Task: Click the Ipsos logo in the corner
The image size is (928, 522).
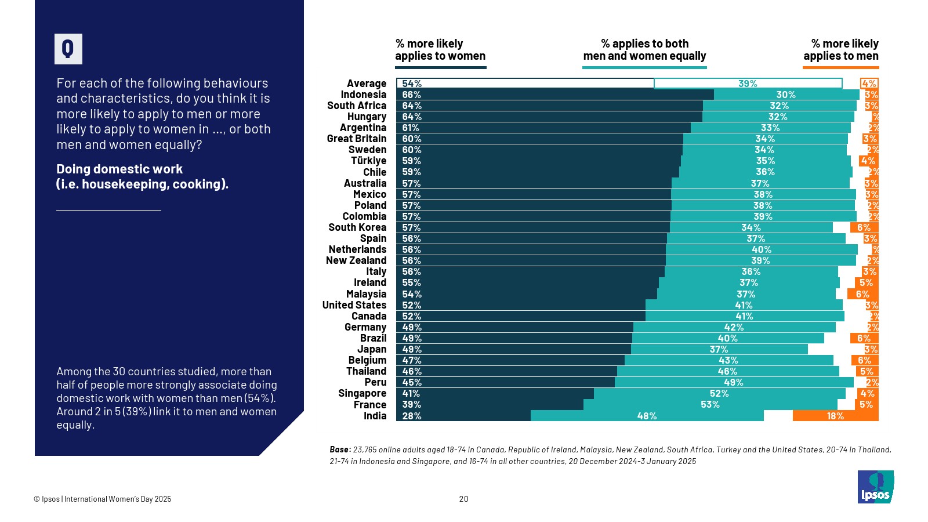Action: [x=875, y=487]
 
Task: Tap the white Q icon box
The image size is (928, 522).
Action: [x=68, y=49]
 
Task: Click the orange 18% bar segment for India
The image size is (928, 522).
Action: [x=835, y=416]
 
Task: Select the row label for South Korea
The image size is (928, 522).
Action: [x=357, y=227]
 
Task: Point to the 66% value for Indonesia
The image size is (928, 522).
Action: [x=412, y=95]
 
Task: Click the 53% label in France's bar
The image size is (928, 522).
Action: [x=710, y=404]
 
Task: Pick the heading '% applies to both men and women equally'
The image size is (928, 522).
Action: [x=644, y=50]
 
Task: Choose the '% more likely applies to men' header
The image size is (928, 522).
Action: [x=840, y=50]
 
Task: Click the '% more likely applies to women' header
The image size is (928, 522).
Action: [x=440, y=50]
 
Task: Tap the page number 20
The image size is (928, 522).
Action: [x=463, y=499]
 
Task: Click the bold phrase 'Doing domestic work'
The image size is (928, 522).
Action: [x=119, y=169]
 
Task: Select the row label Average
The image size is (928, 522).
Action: [x=367, y=84]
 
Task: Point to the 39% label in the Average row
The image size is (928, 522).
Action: [x=748, y=84]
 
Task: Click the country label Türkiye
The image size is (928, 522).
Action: [x=368, y=161]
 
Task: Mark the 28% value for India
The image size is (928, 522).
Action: [x=412, y=416]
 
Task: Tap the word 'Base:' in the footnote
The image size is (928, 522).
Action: [x=340, y=449]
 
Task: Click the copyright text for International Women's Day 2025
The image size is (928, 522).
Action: [x=103, y=499]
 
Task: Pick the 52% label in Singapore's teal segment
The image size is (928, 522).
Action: [x=719, y=393]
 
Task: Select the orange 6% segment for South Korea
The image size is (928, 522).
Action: [x=864, y=227]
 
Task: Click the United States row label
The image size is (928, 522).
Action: [x=354, y=305]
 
